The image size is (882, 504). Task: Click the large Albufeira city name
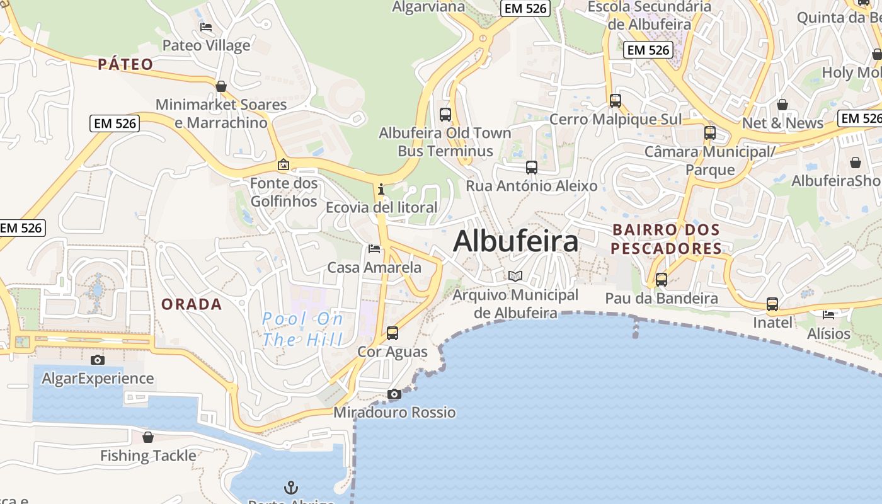pyautogui.click(x=515, y=241)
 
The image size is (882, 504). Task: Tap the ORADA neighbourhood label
pyautogui.click(x=192, y=304)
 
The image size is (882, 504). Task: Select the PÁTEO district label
pyautogui.click(x=125, y=64)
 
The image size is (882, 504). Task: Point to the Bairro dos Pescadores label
pyautogui.click(x=667, y=239)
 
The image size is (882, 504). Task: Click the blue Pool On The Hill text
pyautogui.click(x=302, y=329)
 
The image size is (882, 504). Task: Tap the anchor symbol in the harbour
pyautogui.click(x=290, y=487)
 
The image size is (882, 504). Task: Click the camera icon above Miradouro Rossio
pyautogui.click(x=394, y=394)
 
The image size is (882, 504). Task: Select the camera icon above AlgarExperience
pyautogui.click(x=98, y=360)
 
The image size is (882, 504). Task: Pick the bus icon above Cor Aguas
pyautogui.click(x=392, y=333)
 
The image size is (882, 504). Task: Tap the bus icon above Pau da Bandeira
pyautogui.click(x=661, y=280)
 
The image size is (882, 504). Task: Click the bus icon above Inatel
pyautogui.click(x=772, y=304)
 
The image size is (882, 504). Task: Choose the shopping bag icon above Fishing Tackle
pyautogui.click(x=148, y=437)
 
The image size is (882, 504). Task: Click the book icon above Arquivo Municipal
pyautogui.click(x=515, y=276)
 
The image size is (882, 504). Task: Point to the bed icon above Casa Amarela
pyautogui.click(x=374, y=249)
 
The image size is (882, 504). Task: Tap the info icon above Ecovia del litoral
pyautogui.click(x=381, y=189)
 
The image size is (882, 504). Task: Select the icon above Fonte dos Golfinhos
pyautogui.click(x=283, y=165)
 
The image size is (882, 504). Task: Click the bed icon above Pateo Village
pyautogui.click(x=206, y=27)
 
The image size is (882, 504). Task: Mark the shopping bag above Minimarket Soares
pyautogui.click(x=221, y=86)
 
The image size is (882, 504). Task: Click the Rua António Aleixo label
pyautogui.click(x=531, y=186)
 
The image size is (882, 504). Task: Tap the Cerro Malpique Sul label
pyautogui.click(x=616, y=119)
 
